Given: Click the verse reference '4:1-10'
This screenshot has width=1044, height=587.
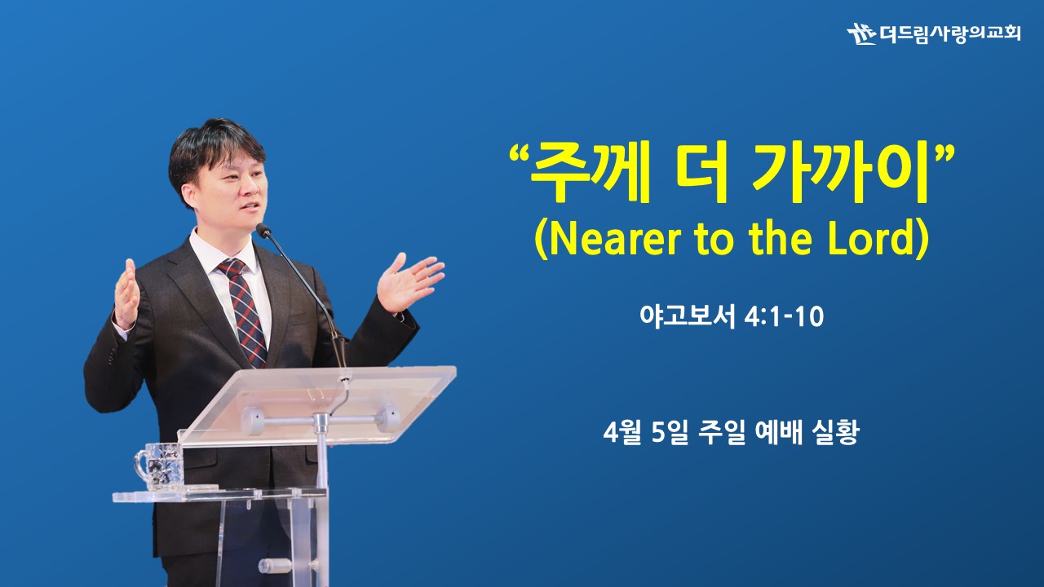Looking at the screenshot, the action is tap(784, 317).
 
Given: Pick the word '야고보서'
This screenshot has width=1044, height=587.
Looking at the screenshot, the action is tap(688, 317).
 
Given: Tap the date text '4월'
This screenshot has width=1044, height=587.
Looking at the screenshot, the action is tap(622, 432).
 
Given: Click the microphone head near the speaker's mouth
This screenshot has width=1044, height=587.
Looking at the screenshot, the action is tap(263, 230).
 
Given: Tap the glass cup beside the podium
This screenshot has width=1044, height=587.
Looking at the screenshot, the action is tap(159, 467).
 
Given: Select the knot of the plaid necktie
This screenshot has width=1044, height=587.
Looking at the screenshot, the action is tap(231, 269).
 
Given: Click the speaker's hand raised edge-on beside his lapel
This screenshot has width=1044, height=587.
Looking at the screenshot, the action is tap(126, 294).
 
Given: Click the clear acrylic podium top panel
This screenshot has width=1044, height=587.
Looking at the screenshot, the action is tap(317, 406).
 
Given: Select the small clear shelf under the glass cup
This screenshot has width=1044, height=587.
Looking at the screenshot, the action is tap(219, 495).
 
